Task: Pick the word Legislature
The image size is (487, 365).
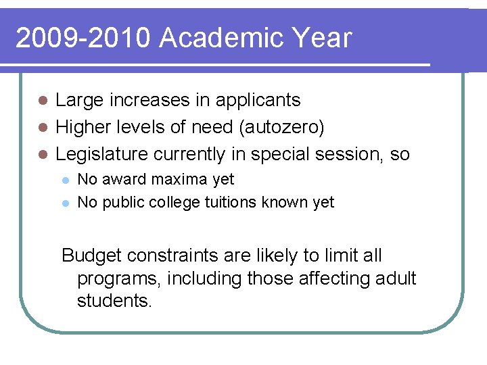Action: (101, 154)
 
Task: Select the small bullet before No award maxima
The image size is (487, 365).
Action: (64, 180)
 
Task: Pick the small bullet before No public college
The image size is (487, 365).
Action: (64, 203)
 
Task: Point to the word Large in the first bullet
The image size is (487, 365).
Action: (78, 101)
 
